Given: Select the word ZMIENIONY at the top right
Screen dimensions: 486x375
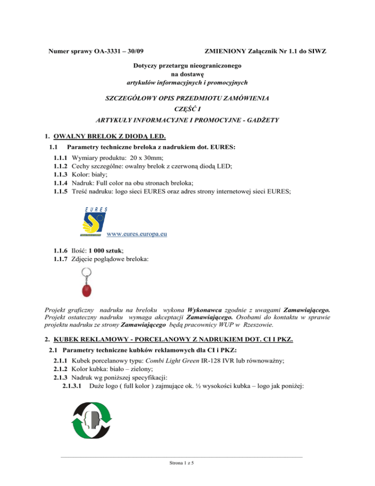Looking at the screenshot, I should pos(225,51).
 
